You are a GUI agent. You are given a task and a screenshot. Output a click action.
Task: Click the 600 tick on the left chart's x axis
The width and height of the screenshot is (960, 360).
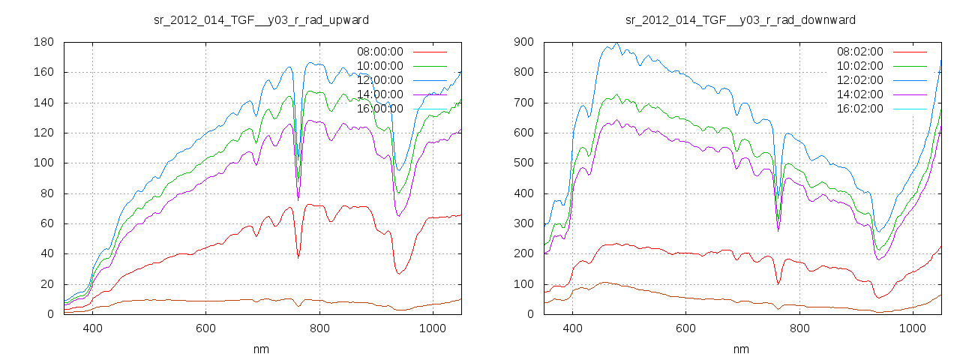coord(206,328)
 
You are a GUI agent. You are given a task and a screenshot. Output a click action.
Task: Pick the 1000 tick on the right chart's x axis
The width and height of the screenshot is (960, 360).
coord(913,328)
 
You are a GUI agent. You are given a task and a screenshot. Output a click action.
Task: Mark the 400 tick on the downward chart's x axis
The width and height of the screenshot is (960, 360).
coord(573,328)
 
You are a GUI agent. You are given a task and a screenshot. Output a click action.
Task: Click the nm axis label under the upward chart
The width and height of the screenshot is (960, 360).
coord(261,349)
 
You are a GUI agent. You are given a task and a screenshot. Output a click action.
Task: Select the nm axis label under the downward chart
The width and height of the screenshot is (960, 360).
coord(741,349)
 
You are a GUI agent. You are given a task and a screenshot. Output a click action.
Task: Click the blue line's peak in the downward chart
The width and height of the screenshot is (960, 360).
coord(616,44)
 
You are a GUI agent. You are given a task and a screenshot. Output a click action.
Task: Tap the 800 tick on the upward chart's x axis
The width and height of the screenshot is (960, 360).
coord(319,328)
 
